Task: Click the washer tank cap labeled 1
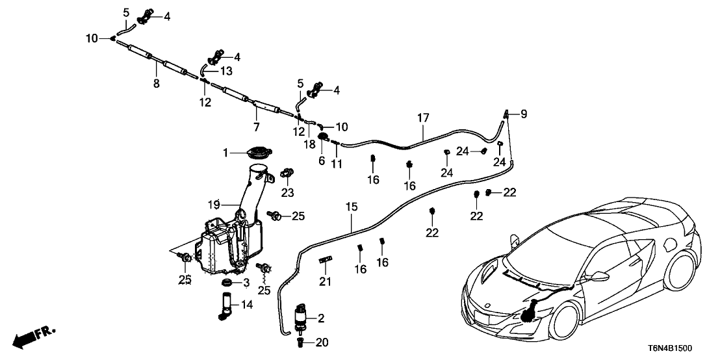[257, 154]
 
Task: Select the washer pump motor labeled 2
[300, 317]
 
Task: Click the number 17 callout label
[423, 118]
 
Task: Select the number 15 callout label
[352, 207]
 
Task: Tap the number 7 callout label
[256, 126]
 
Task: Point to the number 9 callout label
[523, 114]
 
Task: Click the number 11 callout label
[336, 164]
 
